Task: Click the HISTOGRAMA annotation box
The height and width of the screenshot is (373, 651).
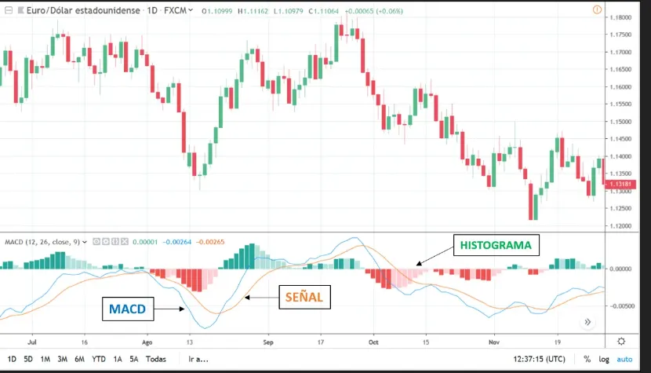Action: tap(496, 245)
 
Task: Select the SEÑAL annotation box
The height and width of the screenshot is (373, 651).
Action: tap(304, 297)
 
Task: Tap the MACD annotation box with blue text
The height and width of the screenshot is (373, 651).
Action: tap(128, 309)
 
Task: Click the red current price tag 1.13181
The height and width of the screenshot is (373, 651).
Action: tap(620, 184)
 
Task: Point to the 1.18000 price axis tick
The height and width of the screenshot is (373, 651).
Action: tap(620, 17)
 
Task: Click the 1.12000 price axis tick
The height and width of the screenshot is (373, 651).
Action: tap(620, 226)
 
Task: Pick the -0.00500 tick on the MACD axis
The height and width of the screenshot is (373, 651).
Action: tap(621, 306)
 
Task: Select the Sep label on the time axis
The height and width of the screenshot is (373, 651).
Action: tap(268, 342)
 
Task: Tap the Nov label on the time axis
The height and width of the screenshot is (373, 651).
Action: tap(493, 342)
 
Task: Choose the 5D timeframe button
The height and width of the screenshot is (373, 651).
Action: tap(27, 360)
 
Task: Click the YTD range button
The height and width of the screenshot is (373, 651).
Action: tap(98, 360)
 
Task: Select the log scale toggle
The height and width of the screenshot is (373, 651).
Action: tap(604, 360)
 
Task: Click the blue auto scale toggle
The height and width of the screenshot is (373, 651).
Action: tap(624, 360)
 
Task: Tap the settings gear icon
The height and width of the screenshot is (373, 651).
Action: tap(621, 342)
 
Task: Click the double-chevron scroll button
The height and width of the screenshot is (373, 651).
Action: tap(587, 322)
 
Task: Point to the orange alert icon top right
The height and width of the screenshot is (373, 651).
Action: tap(597, 9)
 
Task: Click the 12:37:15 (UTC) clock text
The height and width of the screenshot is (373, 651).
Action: tap(540, 360)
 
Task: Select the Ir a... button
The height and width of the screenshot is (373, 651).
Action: tap(198, 360)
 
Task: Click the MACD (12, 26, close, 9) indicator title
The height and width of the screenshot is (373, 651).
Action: tap(43, 242)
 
